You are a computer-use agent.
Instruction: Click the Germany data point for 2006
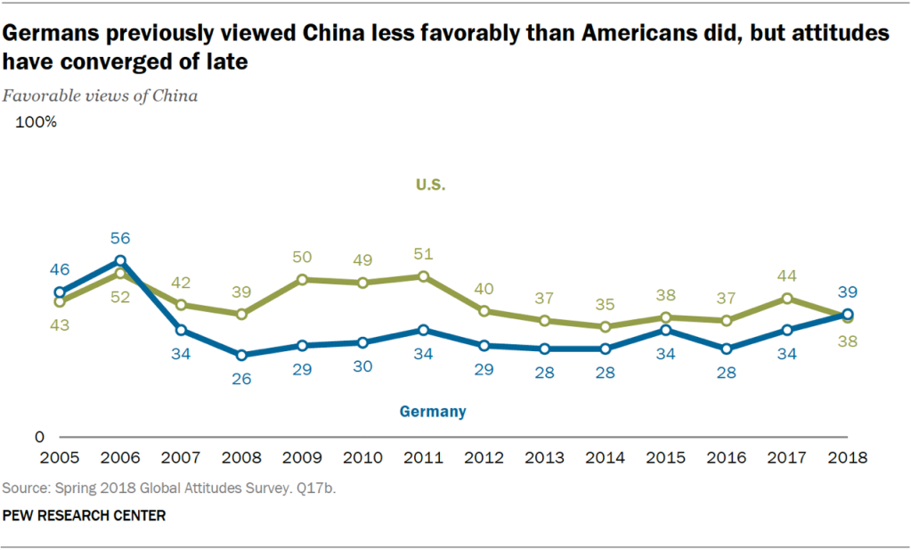point(120,260)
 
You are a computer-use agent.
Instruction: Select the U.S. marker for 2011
point(423,276)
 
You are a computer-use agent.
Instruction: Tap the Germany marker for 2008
point(241,355)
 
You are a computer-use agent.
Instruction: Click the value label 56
point(120,238)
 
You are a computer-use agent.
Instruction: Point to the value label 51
point(423,255)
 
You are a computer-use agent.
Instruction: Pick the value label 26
point(241,378)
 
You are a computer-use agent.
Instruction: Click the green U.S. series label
point(430,185)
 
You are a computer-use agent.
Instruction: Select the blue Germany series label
point(432,412)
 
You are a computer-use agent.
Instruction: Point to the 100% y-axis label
point(37,123)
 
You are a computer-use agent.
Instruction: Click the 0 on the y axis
point(39,438)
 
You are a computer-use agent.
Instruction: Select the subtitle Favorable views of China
point(100,95)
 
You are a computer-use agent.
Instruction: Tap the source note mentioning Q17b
point(170,488)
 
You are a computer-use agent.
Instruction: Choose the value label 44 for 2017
point(786,277)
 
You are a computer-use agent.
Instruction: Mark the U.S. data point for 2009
point(302,280)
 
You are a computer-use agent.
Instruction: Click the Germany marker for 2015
point(665,330)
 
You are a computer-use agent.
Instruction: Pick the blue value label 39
point(847,293)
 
